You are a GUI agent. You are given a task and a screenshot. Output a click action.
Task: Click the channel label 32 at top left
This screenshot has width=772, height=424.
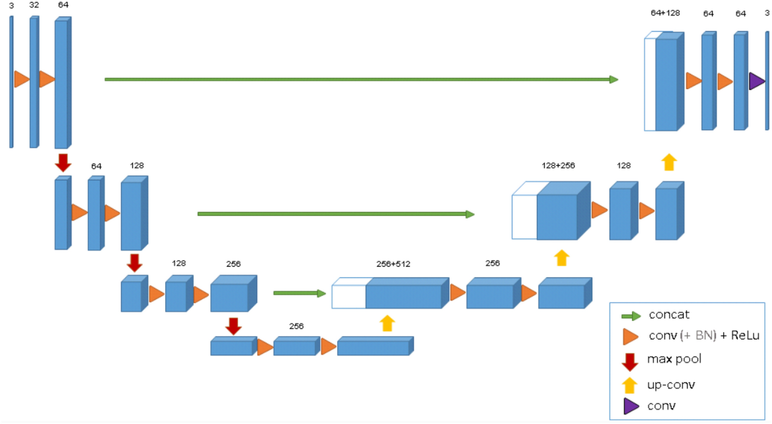point(34,5)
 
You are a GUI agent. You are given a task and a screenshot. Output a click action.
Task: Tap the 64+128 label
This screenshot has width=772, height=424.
point(665,13)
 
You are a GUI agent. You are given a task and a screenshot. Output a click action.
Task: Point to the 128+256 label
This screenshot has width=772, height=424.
point(558,166)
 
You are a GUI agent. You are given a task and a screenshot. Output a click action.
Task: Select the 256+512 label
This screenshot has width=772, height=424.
point(393,264)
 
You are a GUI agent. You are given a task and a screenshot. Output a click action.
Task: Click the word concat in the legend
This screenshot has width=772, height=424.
point(669,315)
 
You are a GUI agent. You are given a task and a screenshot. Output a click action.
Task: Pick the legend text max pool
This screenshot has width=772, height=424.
point(674,359)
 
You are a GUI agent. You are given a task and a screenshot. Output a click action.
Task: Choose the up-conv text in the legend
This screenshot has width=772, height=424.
point(671,385)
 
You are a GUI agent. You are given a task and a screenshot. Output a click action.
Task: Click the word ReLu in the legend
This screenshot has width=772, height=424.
point(745,336)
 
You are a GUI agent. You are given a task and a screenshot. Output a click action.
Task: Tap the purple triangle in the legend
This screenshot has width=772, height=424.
point(631,406)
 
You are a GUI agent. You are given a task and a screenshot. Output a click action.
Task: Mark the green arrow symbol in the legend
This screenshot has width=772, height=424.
point(631,316)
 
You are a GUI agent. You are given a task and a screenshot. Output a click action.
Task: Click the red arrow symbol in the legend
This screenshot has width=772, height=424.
point(630,362)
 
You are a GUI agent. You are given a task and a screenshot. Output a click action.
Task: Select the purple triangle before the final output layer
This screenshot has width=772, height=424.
point(756,81)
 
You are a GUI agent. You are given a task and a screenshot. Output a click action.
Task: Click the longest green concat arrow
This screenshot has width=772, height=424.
point(361,80)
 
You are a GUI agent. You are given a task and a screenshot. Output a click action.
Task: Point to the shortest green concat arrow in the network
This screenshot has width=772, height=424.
point(299,293)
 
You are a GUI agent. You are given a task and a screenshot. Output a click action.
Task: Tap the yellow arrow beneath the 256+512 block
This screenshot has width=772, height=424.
point(387,323)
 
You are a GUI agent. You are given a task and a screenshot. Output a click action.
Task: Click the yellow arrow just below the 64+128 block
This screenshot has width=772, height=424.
point(669,162)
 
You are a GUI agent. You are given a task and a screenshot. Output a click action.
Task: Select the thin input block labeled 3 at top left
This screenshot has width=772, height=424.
point(11,82)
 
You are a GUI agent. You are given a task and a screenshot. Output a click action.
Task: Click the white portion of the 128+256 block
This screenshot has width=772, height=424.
point(524,217)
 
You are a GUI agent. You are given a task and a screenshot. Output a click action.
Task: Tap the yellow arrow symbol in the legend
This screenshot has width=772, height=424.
point(629,385)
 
